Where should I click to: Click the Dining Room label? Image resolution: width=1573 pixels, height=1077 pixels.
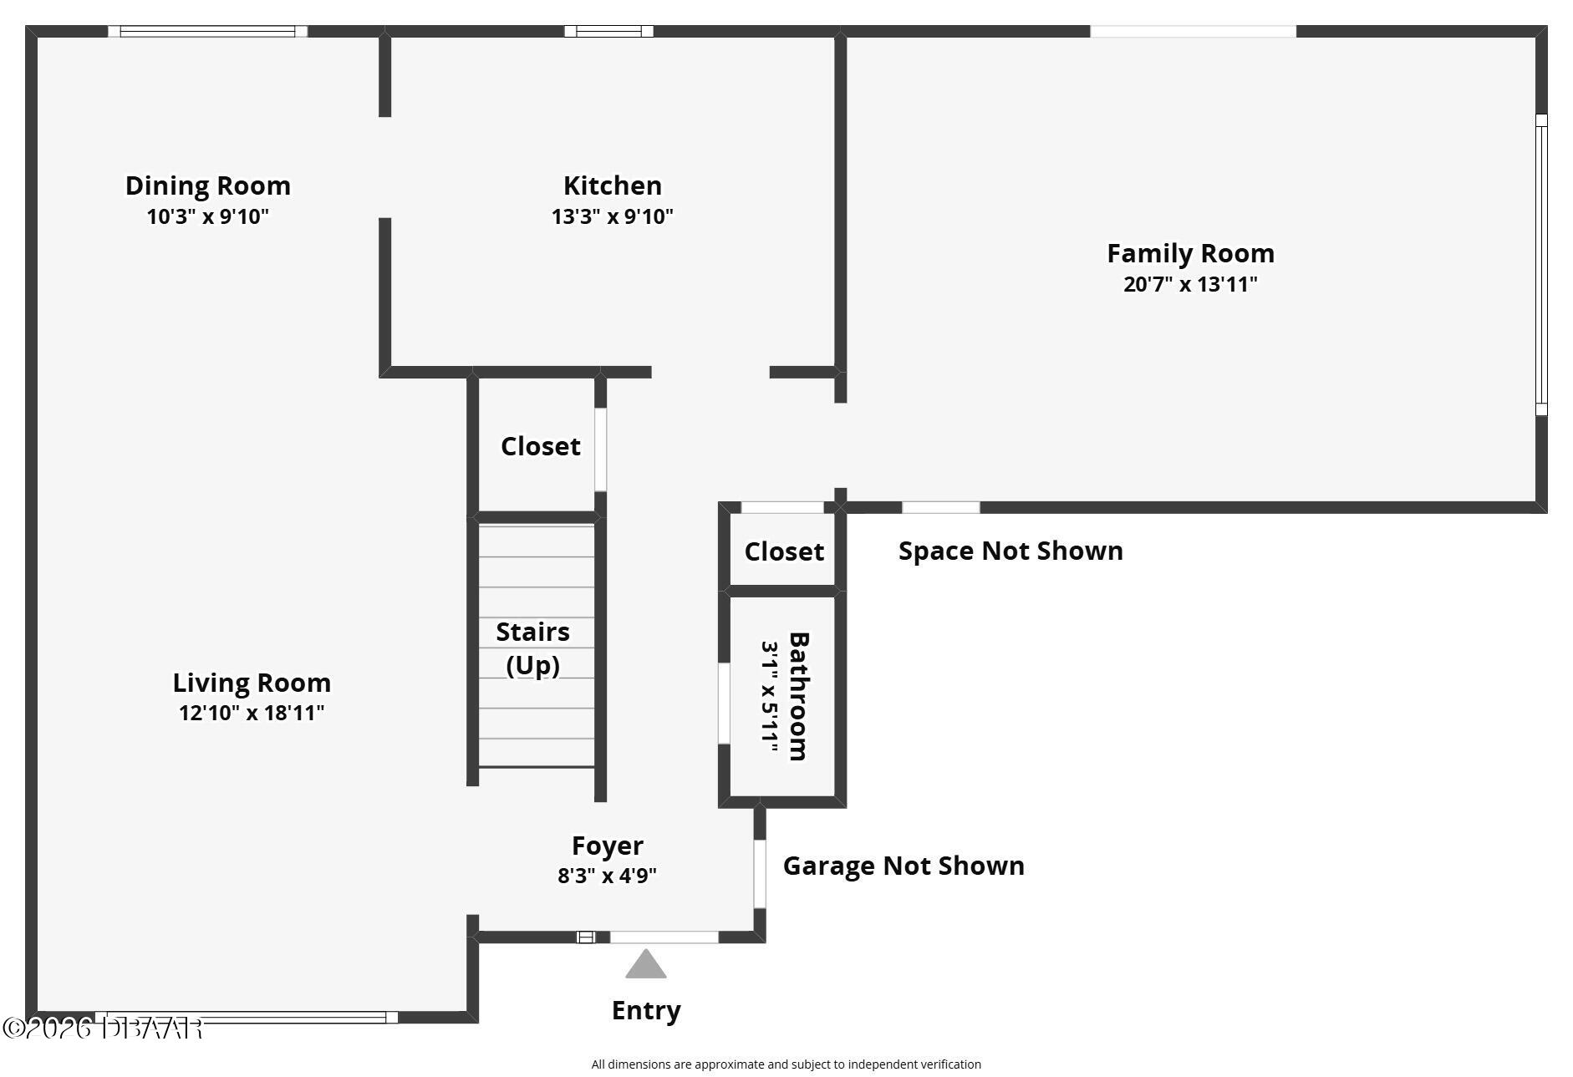tap(208, 185)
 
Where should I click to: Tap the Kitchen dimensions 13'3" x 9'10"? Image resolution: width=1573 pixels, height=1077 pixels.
tap(612, 216)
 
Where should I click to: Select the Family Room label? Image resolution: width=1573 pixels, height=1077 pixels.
tap(1190, 253)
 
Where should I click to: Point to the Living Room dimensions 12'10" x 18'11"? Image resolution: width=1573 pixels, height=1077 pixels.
tap(252, 713)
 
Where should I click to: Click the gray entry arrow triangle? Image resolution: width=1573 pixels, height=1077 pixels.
tap(646, 965)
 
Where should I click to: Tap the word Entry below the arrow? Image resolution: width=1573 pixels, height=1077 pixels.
tap(646, 1010)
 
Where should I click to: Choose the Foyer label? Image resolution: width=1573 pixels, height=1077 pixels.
tap(607, 846)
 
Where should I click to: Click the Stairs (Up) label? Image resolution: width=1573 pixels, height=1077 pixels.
tap(533, 648)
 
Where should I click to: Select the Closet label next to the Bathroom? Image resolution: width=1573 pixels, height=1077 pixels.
tap(784, 551)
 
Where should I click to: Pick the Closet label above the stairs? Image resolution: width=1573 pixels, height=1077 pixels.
tap(540, 446)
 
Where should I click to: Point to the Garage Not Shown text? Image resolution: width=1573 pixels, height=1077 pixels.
tap(904, 866)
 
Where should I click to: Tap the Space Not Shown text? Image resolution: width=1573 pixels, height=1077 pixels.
tap(1010, 551)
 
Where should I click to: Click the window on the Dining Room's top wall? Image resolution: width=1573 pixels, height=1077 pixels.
tap(207, 32)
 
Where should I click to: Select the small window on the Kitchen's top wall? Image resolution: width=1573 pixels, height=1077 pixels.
tap(608, 32)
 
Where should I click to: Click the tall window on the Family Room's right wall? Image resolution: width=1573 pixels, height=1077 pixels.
tap(1541, 265)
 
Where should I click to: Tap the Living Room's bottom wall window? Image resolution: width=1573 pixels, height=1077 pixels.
tap(247, 1017)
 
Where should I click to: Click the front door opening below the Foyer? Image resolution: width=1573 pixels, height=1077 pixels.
tap(664, 937)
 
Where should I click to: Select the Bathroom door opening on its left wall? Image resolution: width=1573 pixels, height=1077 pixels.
tap(724, 703)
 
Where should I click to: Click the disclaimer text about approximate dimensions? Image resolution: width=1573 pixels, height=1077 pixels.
tap(786, 1064)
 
